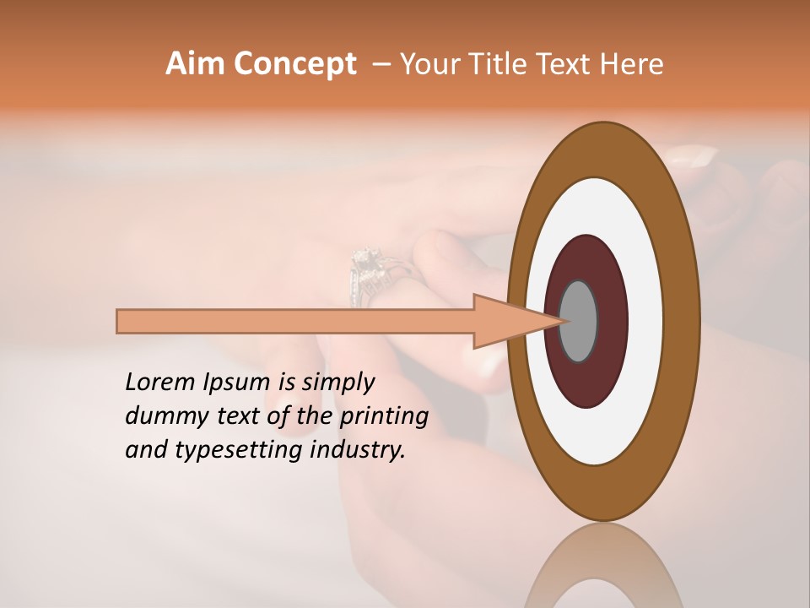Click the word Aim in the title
click(x=196, y=64)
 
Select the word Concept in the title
click(x=294, y=64)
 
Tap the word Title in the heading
click(x=523, y=64)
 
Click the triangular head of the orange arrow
click(x=506, y=321)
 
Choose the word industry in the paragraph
click(x=357, y=450)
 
